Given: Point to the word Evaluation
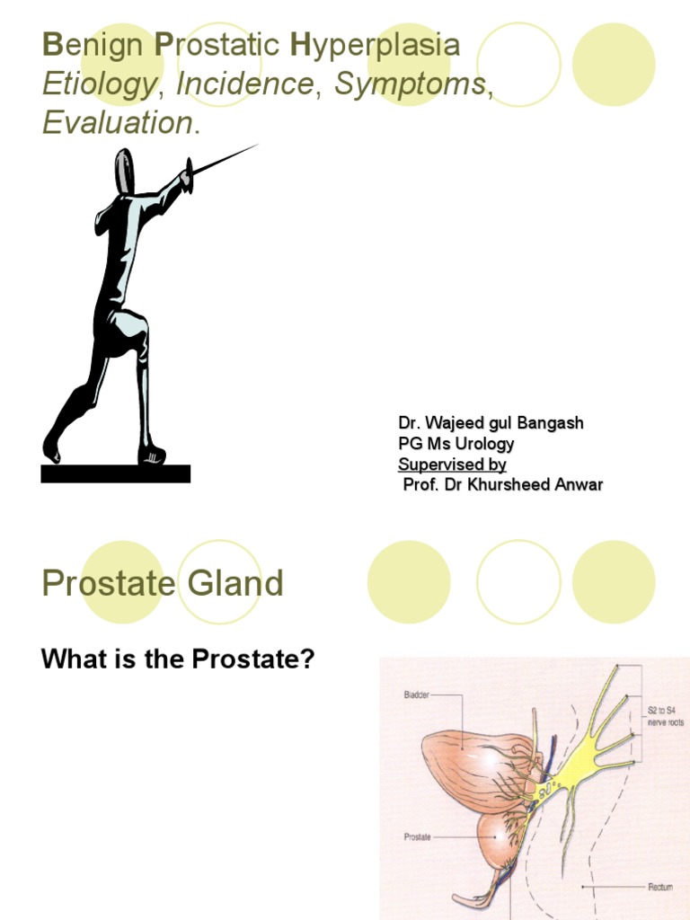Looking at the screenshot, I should (x=118, y=123).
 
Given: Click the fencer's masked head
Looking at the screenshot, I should (x=124, y=171).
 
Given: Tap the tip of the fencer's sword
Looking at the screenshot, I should (x=256, y=146).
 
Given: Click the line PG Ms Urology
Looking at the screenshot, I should (x=456, y=444).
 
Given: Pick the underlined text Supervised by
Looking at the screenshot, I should (x=452, y=464).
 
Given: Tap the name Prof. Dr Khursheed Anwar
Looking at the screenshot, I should (x=502, y=485).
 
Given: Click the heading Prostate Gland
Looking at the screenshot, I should (x=163, y=585).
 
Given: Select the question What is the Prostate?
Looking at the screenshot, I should (x=178, y=659).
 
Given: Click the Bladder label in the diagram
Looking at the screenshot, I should (x=417, y=694).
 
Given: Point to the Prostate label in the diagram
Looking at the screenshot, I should (x=418, y=836).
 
